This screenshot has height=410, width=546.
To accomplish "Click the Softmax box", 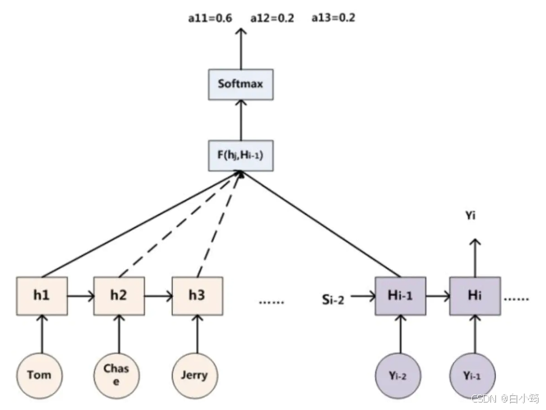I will (x=241, y=84).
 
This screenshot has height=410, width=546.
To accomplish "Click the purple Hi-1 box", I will (x=400, y=296).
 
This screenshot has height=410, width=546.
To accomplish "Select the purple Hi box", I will (x=475, y=296).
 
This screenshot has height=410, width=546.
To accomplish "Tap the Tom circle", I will (x=39, y=376).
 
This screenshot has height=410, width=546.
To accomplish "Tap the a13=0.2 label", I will (x=334, y=17).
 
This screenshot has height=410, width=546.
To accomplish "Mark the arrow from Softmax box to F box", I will (x=241, y=120).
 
